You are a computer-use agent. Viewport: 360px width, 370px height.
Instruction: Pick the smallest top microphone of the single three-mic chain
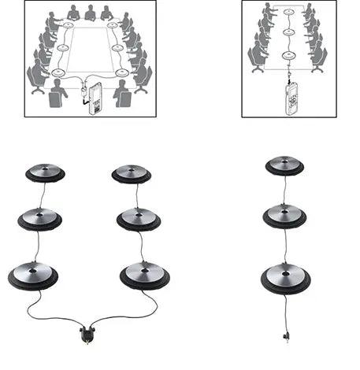[x=284, y=165]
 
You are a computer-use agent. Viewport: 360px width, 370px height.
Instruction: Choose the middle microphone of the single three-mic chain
[x=284, y=214]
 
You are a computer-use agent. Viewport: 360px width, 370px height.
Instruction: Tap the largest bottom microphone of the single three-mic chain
[x=285, y=277]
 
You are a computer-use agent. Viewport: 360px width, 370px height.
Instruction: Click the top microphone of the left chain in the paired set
[x=45, y=172]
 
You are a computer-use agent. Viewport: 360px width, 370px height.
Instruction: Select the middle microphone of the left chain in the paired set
[x=40, y=219]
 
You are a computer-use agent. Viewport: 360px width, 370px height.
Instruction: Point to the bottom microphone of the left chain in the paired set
[x=33, y=275]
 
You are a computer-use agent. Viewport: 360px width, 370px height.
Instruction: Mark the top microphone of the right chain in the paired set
[x=131, y=173]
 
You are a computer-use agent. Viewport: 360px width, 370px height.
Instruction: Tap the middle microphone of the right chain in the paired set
[x=139, y=219]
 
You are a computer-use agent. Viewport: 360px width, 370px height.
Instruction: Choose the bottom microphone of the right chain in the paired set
[x=144, y=275]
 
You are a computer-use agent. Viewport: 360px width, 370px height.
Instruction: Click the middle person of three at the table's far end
[x=90, y=13]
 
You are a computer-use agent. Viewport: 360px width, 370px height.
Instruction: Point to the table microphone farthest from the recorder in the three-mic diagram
[x=289, y=13]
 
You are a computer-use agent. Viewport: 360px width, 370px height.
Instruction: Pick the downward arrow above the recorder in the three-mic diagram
[x=290, y=76]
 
